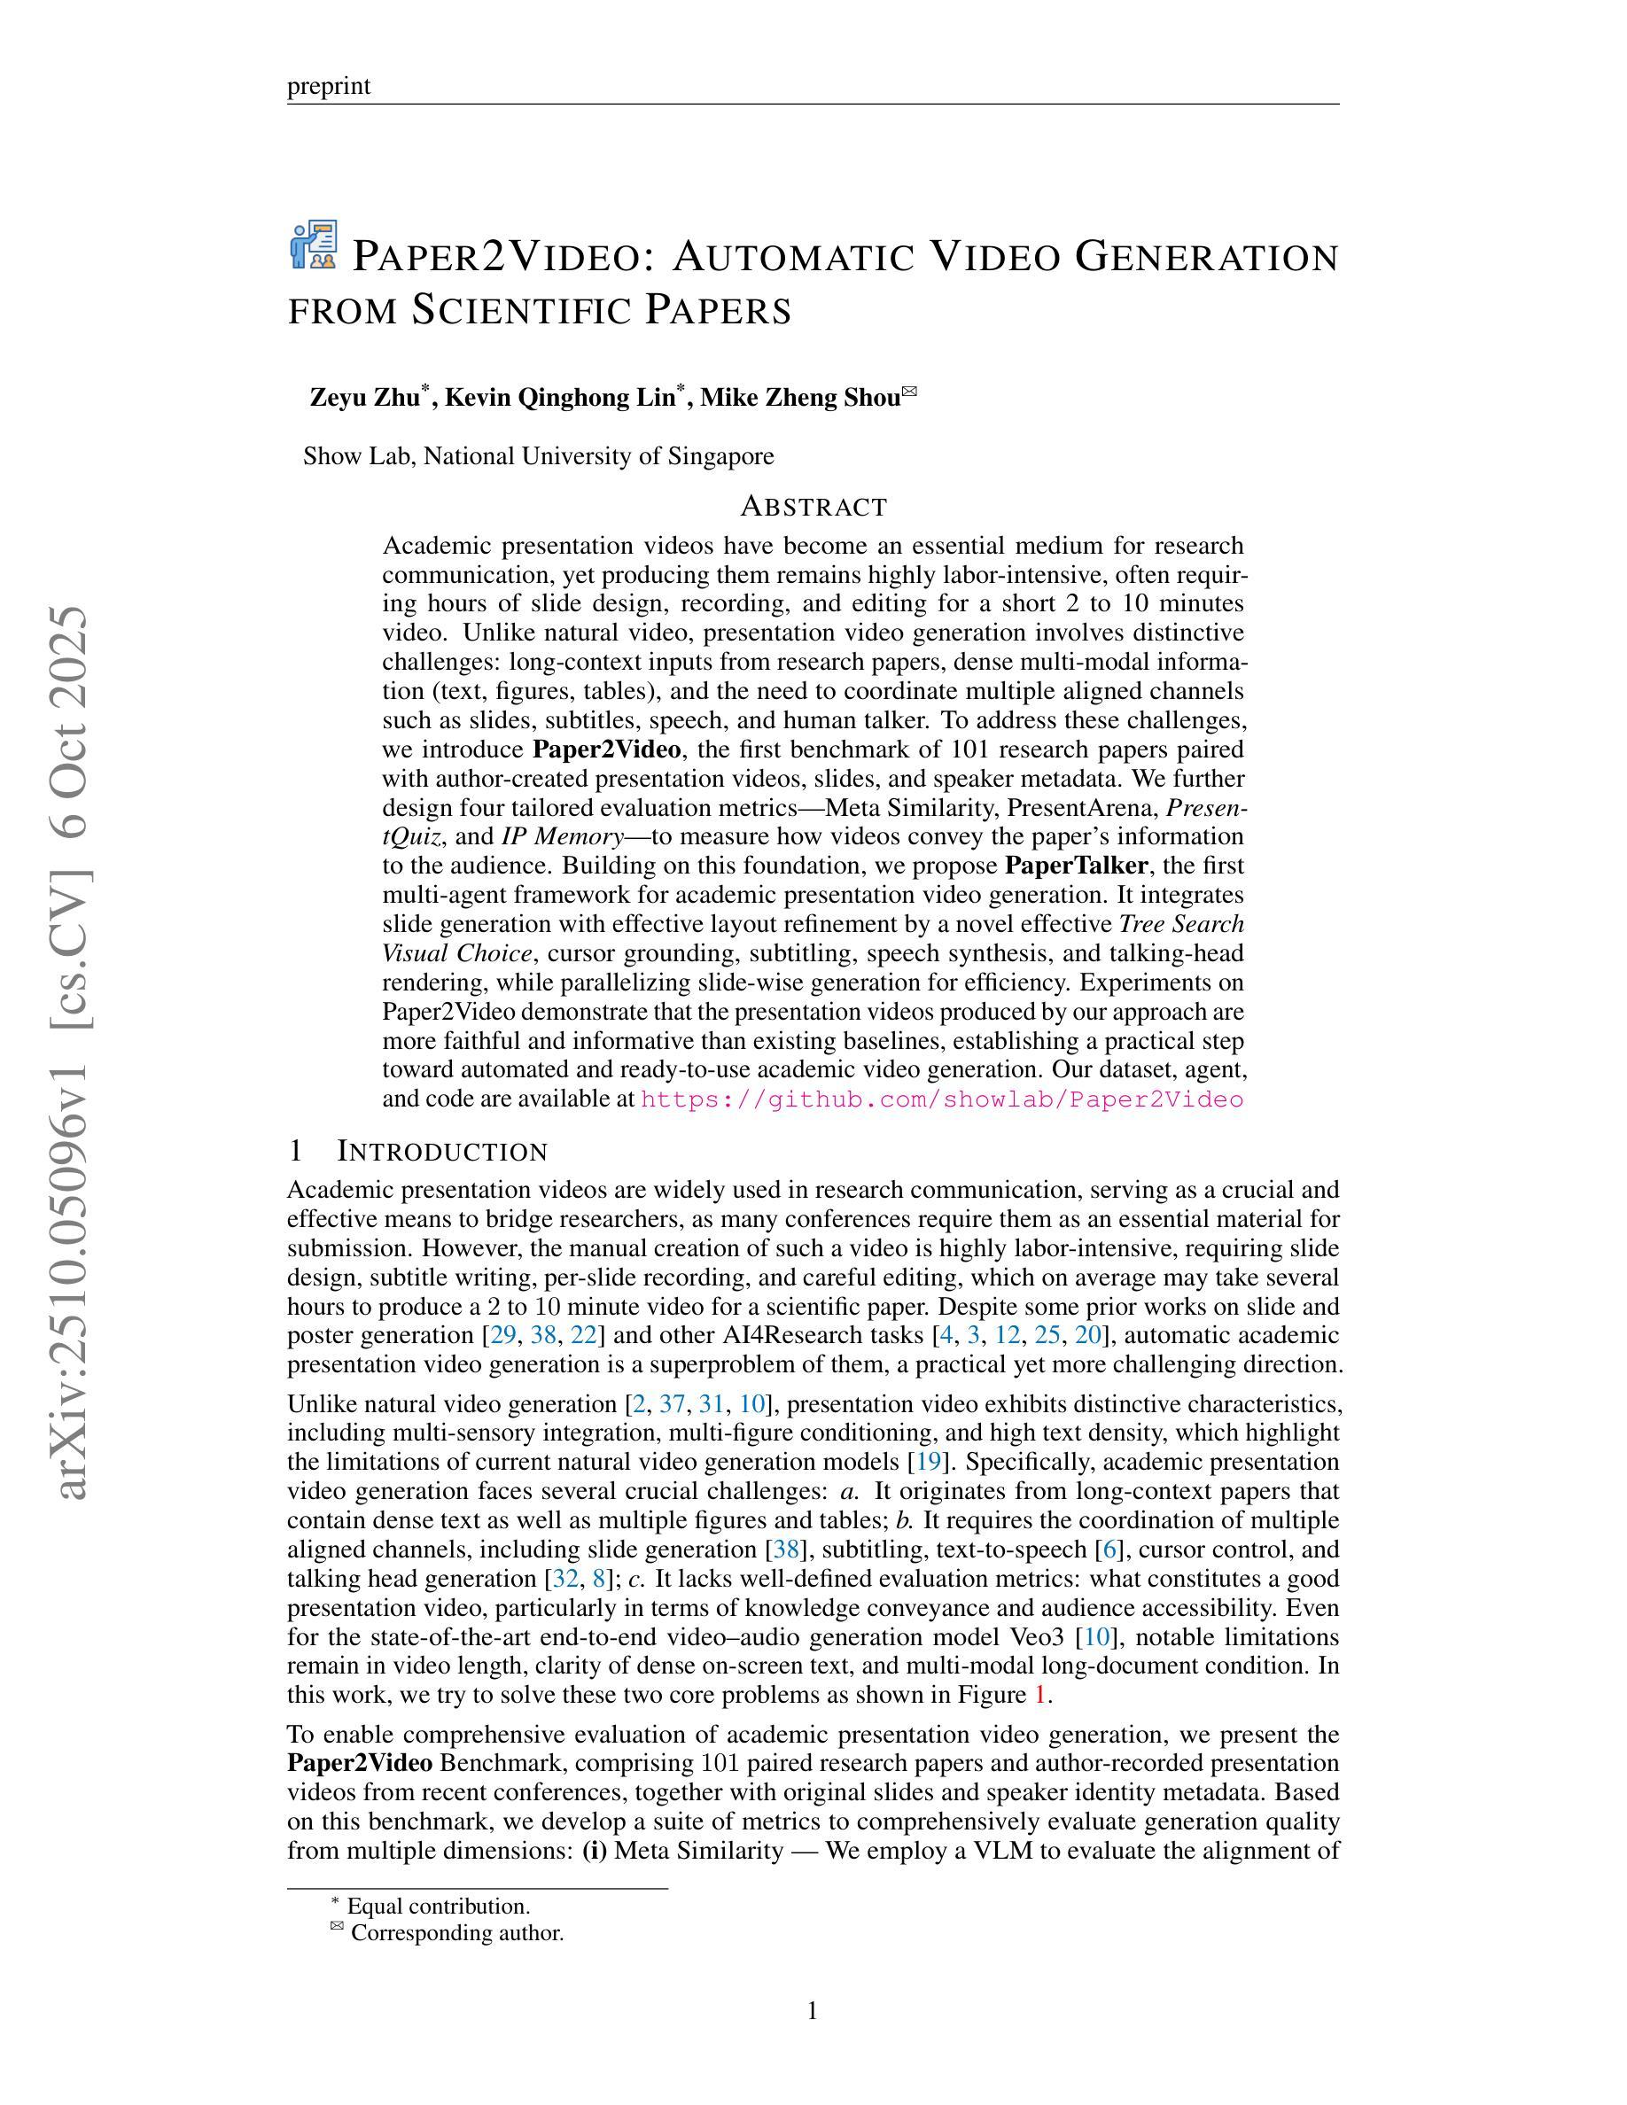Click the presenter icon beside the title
(313, 245)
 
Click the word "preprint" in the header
(329, 86)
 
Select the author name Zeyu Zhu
(365, 397)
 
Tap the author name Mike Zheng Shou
(799, 397)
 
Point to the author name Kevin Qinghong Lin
(559, 397)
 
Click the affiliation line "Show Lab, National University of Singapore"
(538, 456)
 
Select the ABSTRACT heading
(813, 506)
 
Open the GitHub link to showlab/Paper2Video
(942, 1099)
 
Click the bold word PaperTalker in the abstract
(1067, 866)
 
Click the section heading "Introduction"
(442, 1152)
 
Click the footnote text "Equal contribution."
(438, 1907)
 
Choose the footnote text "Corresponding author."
(457, 1932)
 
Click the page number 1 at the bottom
(813, 2010)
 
